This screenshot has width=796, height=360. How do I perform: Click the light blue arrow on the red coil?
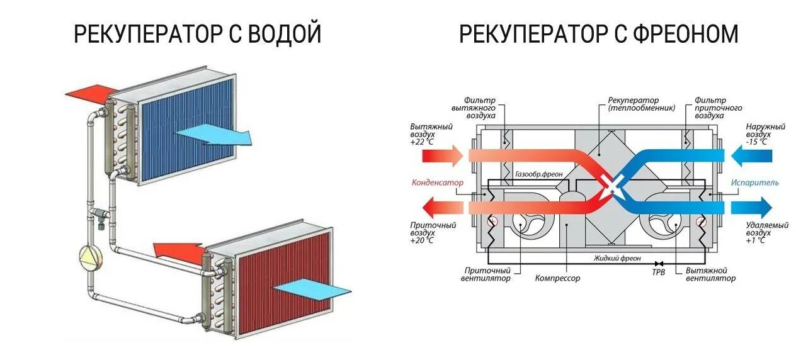coord(312,289)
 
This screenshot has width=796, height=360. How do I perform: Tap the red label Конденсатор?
coord(437,183)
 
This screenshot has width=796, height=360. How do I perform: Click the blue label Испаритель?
coord(754,183)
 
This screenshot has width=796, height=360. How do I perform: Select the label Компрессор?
coord(557,278)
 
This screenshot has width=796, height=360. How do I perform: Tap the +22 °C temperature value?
coord(422,142)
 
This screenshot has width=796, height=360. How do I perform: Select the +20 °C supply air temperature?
coord(421,240)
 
